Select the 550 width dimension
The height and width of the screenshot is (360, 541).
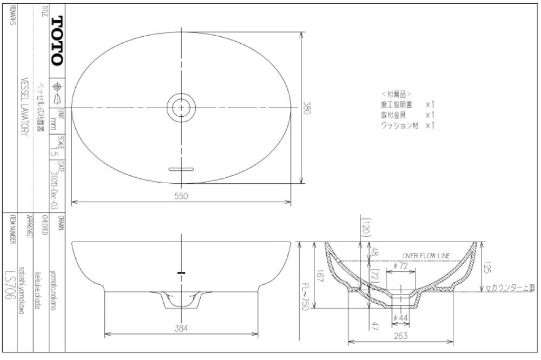(181, 197)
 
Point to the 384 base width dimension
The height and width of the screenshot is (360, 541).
(181, 327)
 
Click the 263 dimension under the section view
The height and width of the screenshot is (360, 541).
(401, 336)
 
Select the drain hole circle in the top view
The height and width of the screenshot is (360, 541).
(181, 108)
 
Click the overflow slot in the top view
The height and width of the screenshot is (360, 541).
(181, 170)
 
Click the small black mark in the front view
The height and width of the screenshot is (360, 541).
(181, 273)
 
